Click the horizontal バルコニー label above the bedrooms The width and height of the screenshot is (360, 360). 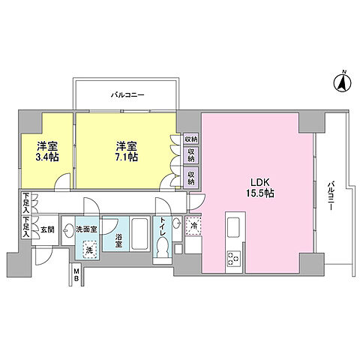pos(127,95)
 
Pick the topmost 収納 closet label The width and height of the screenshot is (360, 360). pos(190,139)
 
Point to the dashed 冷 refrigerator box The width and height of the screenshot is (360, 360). pos(193,226)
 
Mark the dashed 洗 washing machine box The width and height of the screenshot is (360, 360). pos(89,250)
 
